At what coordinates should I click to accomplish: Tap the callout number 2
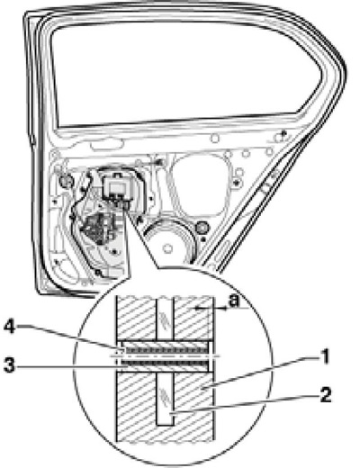pyautogui.click(x=325, y=394)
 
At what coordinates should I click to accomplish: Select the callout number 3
pyautogui.click(x=10, y=365)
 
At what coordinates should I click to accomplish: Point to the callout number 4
pyautogui.click(x=10, y=328)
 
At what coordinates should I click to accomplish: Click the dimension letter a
pyautogui.click(x=234, y=301)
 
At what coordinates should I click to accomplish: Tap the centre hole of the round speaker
pyautogui.click(x=168, y=247)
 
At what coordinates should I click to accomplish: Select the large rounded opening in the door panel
pyautogui.click(x=200, y=184)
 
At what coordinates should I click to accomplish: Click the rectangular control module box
pyautogui.click(x=117, y=187)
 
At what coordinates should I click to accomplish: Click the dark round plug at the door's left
pyautogui.click(x=66, y=181)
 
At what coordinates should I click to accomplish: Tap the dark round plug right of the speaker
pyautogui.click(x=202, y=228)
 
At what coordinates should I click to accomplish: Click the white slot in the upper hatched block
pyautogui.click(x=166, y=319)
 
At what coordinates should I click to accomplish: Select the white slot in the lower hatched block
pyautogui.click(x=166, y=399)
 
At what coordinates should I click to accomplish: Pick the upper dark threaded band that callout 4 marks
pyautogui.click(x=166, y=349)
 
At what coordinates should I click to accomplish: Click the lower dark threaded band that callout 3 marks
pyautogui.click(x=166, y=364)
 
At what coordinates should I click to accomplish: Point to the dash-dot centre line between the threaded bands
pyautogui.click(x=166, y=356)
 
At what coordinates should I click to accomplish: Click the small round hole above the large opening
pyautogui.click(x=215, y=139)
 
